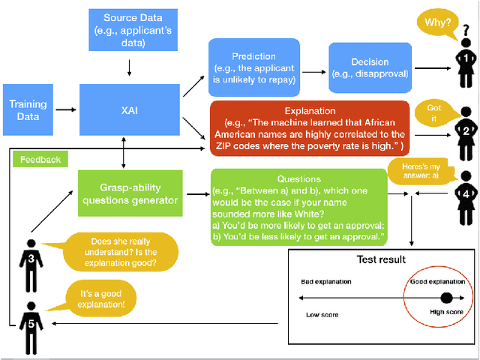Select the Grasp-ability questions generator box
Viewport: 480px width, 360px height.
click(x=129, y=193)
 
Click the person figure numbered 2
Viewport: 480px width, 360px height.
click(x=465, y=130)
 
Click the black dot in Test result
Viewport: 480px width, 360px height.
click(x=447, y=297)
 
